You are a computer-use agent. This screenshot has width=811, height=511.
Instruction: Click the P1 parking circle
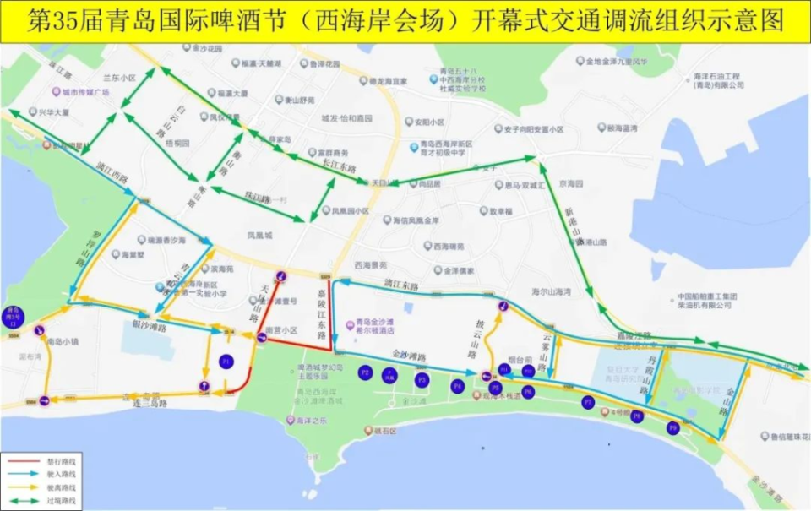click(226, 362)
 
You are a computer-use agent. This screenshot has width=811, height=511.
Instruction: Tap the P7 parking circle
click(588, 403)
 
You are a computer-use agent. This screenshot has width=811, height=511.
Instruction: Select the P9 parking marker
click(672, 427)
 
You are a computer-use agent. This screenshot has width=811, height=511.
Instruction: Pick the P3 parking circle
click(422, 380)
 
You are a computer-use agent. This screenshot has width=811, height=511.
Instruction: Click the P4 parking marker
click(458, 386)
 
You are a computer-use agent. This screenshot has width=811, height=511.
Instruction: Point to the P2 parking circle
click(365, 372)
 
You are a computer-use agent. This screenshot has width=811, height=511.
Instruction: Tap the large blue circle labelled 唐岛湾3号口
click(13, 316)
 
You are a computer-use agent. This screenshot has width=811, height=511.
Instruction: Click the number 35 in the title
click(65, 21)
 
